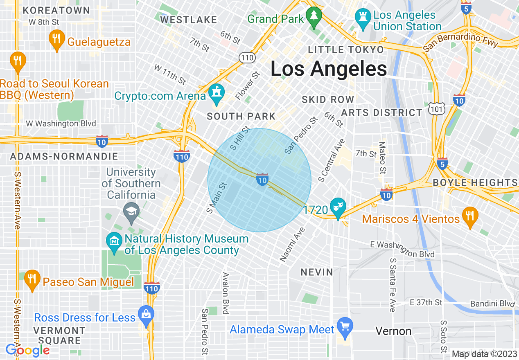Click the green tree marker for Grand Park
point(314,17)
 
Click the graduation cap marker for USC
point(131,212)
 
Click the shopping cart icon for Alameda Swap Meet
point(345,327)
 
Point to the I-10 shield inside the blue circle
point(262,180)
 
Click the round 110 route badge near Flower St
point(248,58)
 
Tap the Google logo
point(28,350)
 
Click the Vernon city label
point(393,331)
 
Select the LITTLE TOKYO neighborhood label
point(346,50)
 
